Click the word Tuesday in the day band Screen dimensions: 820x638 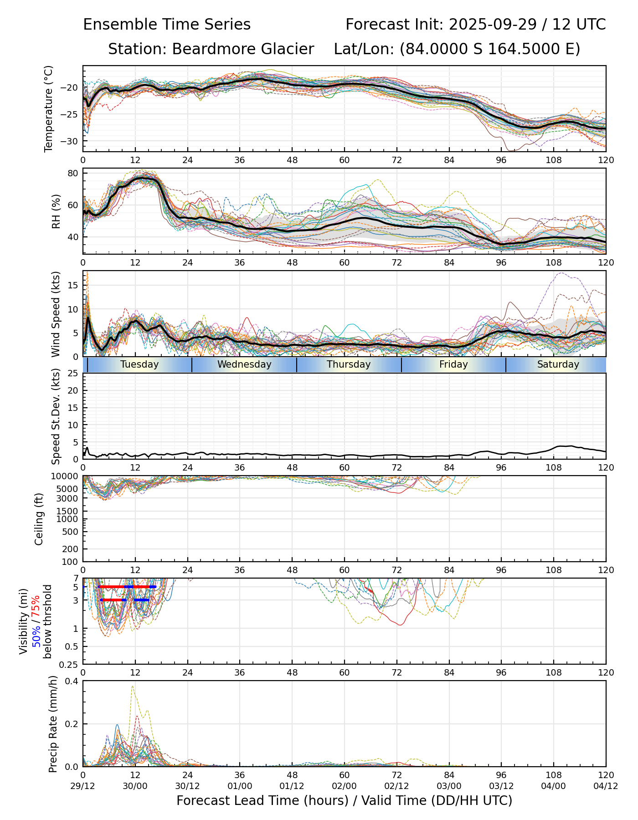139,364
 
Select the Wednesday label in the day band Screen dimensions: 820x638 244,364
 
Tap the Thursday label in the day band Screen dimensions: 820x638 349,364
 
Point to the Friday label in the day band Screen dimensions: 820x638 453,364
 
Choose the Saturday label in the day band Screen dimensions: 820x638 558,364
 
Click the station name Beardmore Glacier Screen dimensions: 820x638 243,49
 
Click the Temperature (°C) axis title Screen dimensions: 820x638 49,108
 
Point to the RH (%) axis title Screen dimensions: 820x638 56,211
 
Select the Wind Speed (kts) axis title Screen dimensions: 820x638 56,314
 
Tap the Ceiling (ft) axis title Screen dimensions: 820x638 39,519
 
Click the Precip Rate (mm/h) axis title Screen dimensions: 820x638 53,724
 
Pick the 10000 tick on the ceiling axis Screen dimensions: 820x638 67,477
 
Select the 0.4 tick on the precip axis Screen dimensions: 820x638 72,681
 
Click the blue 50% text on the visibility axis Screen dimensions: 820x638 36,635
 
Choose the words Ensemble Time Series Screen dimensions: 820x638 167,25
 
